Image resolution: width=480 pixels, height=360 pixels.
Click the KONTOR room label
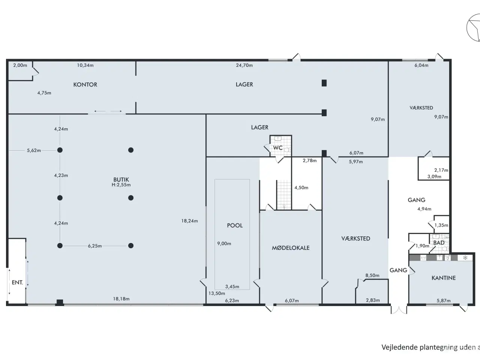[x=85, y=85]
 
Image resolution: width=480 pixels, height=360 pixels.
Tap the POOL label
[x=235, y=225]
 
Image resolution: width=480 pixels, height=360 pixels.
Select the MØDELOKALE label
[x=291, y=248]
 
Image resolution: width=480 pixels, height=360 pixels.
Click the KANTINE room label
[x=444, y=278]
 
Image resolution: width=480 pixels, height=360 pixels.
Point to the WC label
[x=277, y=148]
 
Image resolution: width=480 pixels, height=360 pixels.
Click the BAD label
[x=439, y=243]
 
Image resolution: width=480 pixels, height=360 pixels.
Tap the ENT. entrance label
[x=17, y=282]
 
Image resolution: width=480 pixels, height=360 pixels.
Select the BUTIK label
[x=121, y=180]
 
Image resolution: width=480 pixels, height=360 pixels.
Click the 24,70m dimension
[x=244, y=65]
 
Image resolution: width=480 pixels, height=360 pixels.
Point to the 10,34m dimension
[x=85, y=65]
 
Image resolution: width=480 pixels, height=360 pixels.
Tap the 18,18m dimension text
[x=121, y=299]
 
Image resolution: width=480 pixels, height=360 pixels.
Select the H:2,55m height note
[x=121, y=185]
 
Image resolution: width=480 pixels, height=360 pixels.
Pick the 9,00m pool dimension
[x=224, y=244]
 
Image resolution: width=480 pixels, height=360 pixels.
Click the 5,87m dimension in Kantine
[x=444, y=301]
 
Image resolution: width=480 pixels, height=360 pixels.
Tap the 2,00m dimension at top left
[x=20, y=65]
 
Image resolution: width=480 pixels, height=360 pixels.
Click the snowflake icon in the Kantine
[x=465, y=258]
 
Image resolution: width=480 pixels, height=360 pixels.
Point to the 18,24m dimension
[x=189, y=221]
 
